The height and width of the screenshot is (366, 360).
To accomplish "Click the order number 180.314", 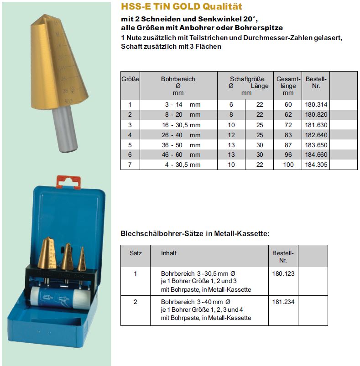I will [316, 104].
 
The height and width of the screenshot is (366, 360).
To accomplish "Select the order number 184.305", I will [316, 165].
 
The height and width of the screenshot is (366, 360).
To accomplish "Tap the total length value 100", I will [288, 165].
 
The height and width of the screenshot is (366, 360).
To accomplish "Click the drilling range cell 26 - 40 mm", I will [182, 134].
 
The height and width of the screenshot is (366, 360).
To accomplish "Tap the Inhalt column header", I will [169, 253].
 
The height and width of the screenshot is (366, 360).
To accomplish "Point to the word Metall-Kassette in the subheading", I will [247, 233].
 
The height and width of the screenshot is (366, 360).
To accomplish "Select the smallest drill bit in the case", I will [81, 260].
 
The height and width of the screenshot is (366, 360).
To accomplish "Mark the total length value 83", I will [288, 134].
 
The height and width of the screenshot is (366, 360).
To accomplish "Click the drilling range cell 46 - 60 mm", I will [182, 155].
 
